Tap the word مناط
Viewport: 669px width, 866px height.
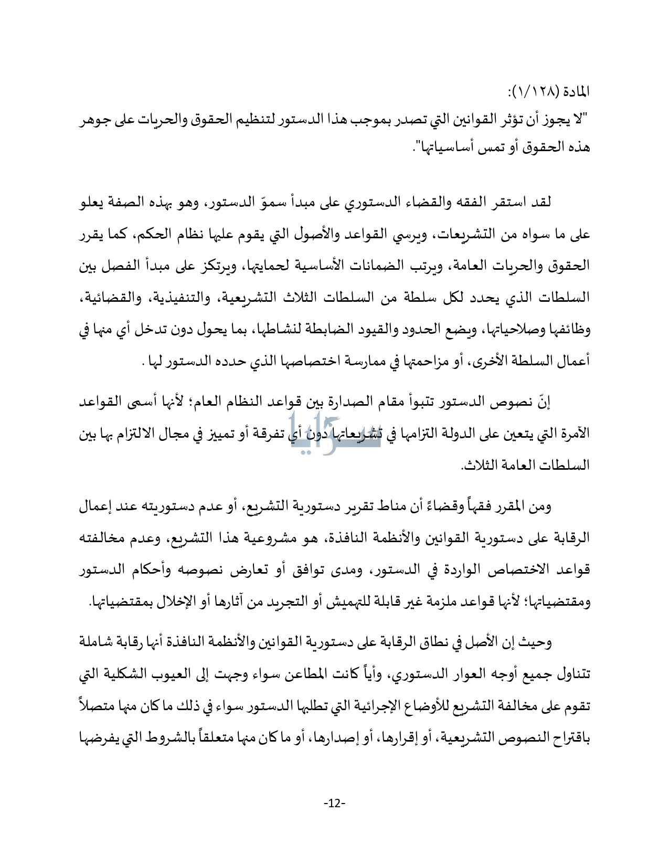click(x=387, y=508)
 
